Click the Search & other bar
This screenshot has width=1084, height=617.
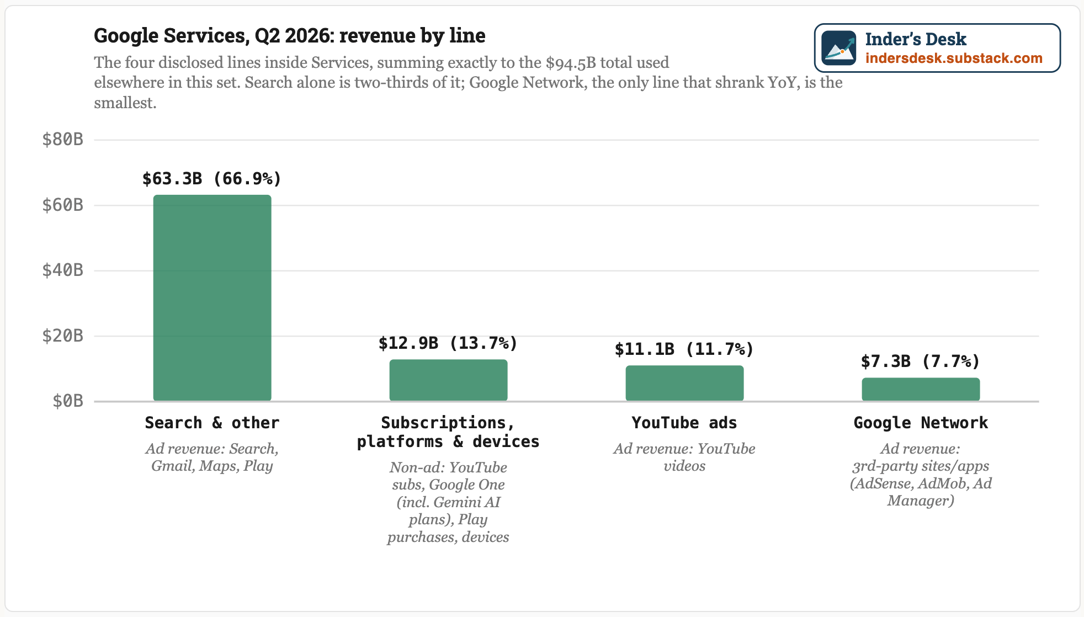coord(212,297)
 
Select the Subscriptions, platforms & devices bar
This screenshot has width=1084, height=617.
coord(448,380)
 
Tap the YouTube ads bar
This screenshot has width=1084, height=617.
coord(684,383)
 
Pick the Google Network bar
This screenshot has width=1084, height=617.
coord(921,389)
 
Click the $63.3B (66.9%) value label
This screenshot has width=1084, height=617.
coord(212,179)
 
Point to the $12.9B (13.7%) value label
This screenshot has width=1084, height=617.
coord(448,343)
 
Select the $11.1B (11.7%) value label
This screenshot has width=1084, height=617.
coord(684,349)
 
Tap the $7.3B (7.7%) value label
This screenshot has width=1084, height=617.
coord(921,361)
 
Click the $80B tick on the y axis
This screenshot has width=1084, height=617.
coord(63,140)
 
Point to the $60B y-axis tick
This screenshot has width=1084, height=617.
coord(63,205)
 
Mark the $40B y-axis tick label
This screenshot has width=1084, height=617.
coord(63,270)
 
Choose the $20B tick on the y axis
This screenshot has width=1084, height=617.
coord(63,336)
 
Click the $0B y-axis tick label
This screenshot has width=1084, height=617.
coord(68,401)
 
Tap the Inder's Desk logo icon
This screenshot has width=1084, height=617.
coord(839,48)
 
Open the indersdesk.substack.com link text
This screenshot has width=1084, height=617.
coord(954,58)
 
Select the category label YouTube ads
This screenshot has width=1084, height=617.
coord(684,423)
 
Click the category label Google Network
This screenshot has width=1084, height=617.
coord(921,423)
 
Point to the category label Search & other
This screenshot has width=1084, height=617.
coord(212,423)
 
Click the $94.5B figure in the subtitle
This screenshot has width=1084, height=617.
coord(571,63)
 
